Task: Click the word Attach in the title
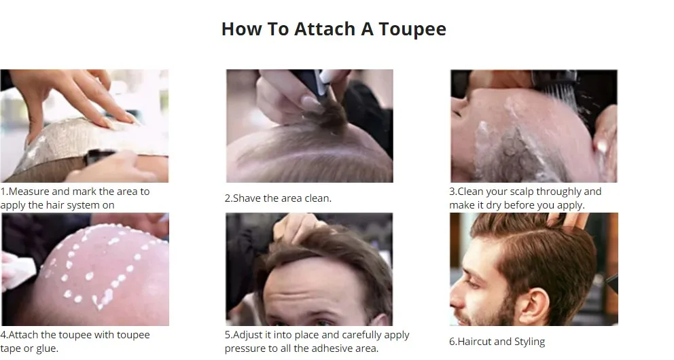tap(325, 29)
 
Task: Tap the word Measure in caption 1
tap(29, 191)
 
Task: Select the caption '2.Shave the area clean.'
tap(278, 198)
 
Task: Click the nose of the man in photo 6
tap(456, 293)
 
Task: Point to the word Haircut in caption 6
tap(474, 342)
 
